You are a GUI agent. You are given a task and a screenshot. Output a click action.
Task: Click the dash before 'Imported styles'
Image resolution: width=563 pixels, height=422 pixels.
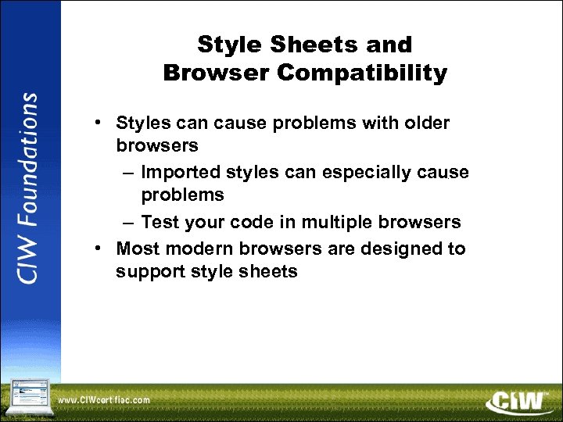click(x=128, y=173)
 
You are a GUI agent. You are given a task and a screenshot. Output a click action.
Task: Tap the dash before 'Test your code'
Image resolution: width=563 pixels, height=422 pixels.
click(x=128, y=223)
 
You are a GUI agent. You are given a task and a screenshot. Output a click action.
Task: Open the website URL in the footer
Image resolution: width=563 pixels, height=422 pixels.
click(x=104, y=401)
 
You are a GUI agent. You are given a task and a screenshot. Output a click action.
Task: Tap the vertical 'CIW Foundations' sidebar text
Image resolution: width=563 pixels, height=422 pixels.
click(x=30, y=188)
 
